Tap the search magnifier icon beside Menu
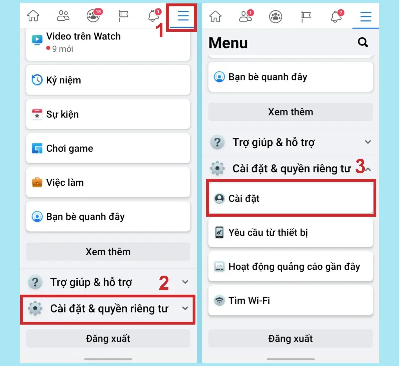click(x=363, y=43)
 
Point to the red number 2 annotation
click(x=163, y=283)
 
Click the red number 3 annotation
click(x=360, y=167)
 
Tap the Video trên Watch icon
click(x=37, y=39)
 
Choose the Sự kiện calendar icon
click(x=37, y=114)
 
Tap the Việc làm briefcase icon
click(x=37, y=182)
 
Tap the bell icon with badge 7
click(x=337, y=16)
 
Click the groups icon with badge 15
click(x=93, y=16)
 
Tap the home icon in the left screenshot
click(x=33, y=16)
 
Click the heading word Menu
click(x=228, y=43)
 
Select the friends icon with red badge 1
click(x=245, y=16)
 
